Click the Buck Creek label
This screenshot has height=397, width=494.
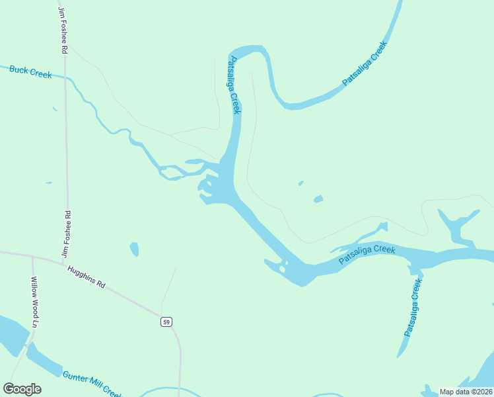click(x=30, y=71)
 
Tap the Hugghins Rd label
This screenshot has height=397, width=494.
click(x=87, y=277)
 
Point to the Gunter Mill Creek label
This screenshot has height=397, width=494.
click(x=92, y=383)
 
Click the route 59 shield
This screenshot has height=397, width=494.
click(x=166, y=322)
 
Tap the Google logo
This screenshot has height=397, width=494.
click(x=22, y=389)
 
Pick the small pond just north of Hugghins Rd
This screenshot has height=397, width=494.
click(x=135, y=249)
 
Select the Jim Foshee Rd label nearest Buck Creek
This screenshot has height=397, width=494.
click(x=63, y=31)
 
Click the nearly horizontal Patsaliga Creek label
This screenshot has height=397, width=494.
click(x=367, y=255)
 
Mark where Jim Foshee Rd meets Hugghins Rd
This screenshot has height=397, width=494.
click(x=64, y=263)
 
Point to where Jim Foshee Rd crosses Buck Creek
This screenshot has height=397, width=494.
click(x=65, y=77)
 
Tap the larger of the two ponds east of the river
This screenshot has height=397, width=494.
click(x=318, y=198)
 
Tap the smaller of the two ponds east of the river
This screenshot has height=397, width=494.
click(x=301, y=183)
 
